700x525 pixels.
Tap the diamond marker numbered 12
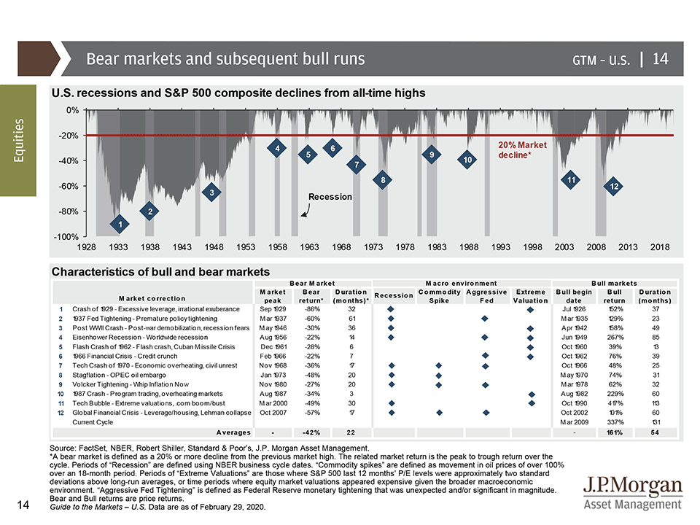(x=615, y=187)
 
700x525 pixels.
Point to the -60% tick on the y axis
(x=68, y=186)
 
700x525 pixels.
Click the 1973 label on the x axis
(x=374, y=247)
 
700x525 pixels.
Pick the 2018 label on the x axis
(x=660, y=247)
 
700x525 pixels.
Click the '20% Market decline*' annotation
(x=522, y=150)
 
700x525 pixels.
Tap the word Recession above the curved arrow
(x=330, y=197)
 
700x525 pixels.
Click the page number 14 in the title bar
(x=660, y=58)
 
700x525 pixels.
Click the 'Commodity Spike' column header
(x=439, y=296)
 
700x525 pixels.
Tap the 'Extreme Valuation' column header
(x=530, y=296)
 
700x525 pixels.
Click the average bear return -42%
(x=311, y=433)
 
